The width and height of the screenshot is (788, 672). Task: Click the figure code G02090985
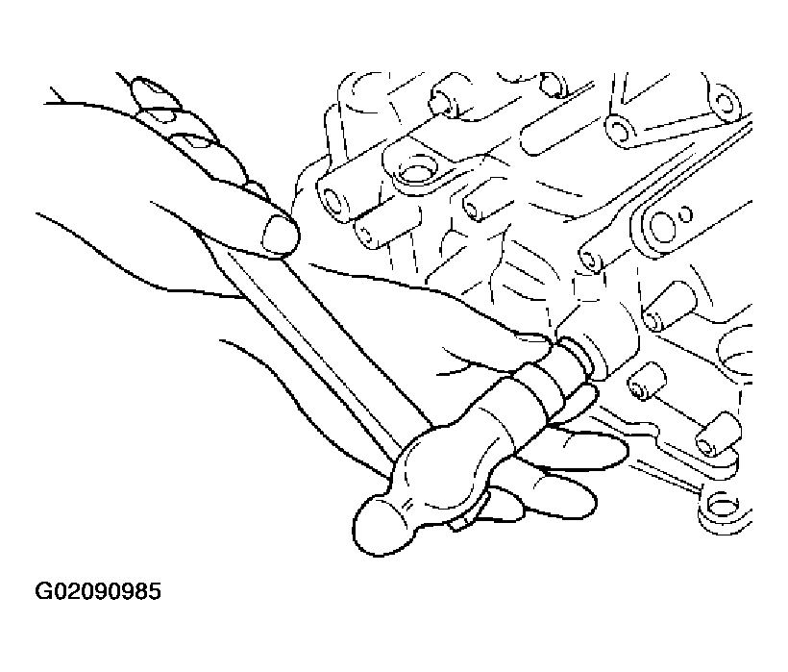pos(97,591)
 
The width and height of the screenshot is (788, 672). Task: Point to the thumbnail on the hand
pos(280,236)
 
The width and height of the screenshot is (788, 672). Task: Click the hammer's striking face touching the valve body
pos(578,356)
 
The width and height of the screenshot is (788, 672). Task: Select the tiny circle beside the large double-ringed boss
pos(685,214)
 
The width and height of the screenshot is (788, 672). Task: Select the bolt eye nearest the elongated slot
pos(622,131)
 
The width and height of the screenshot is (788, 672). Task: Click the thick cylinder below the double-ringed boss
pos(670,307)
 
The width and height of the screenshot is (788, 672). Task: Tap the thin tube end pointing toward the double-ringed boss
pos(592,260)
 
